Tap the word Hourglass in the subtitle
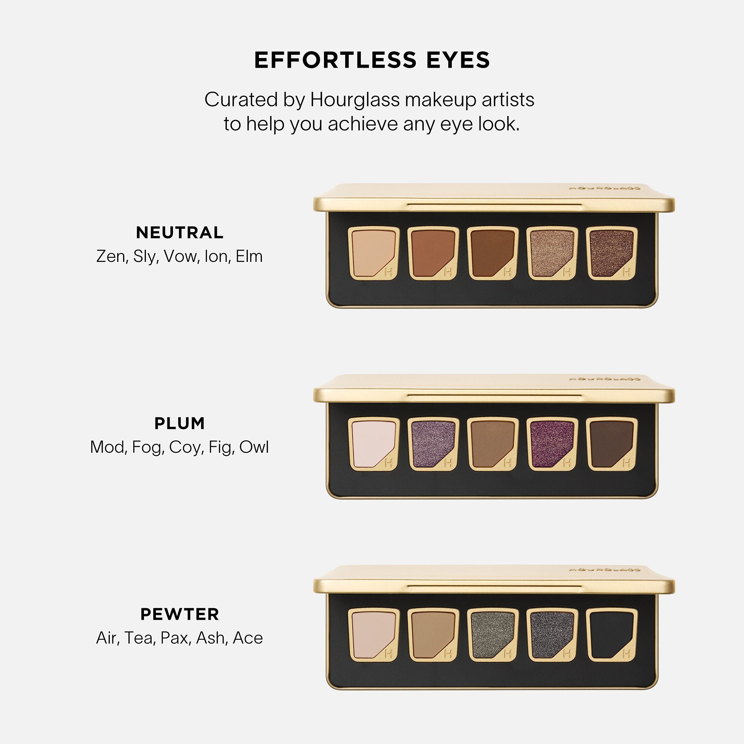(x=355, y=100)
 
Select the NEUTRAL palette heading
(x=179, y=232)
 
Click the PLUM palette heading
(x=179, y=423)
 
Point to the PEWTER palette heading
(x=179, y=614)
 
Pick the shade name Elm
(x=249, y=256)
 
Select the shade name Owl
(x=254, y=447)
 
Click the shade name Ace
(x=248, y=638)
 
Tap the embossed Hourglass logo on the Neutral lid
(x=604, y=189)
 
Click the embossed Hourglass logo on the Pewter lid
(x=604, y=570)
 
